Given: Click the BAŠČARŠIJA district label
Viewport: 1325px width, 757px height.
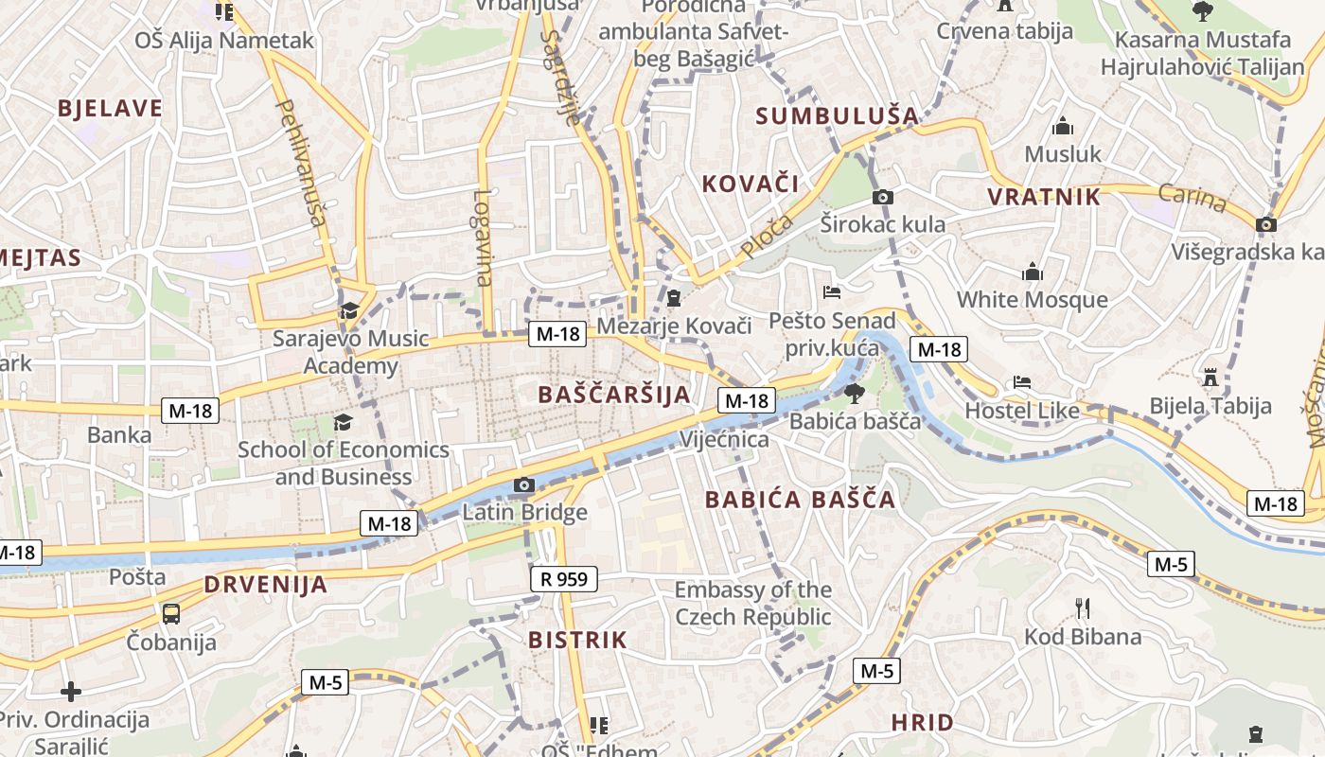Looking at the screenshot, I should [x=614, y=395].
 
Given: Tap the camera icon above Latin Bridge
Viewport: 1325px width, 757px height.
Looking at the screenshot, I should [x=524, y=485].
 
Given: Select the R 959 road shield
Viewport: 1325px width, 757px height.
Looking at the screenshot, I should [x=563, y=579].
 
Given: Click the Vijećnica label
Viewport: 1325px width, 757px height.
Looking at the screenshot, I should [x=725, y=440].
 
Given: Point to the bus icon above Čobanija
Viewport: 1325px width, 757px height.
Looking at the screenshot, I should [x=171, y=613].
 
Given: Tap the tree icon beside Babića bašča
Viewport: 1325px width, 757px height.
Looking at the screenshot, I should [x=854, y=393].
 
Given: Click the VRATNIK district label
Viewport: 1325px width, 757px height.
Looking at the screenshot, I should [x=1044, y=197].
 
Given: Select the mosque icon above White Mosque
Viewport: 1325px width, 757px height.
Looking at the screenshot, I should [x=1033, y=273].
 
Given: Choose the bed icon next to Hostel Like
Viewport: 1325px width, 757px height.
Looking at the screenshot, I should [x=1022, y=382].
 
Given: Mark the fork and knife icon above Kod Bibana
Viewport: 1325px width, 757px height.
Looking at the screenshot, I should [x=1083, y=607].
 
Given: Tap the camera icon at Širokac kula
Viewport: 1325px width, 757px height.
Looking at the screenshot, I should [x=882, y=197].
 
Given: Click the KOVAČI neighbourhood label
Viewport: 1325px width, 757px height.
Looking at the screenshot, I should [x=751, y=184].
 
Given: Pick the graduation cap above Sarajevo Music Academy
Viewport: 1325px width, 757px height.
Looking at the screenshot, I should [x=349, y=310].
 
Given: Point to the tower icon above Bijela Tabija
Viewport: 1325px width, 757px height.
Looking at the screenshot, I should [x=1210, y=378].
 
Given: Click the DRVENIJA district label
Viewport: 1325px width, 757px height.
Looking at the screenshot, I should [x=266, y=584].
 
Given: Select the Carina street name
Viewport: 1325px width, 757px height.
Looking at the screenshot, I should [x=1192, y=198].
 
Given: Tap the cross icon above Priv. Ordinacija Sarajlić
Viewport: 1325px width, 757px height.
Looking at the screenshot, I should [x=70, y=692].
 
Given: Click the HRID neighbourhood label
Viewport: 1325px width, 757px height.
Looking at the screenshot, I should [x=923, y=723].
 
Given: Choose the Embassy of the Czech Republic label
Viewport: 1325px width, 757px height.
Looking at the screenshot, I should [x=752, y=604].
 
